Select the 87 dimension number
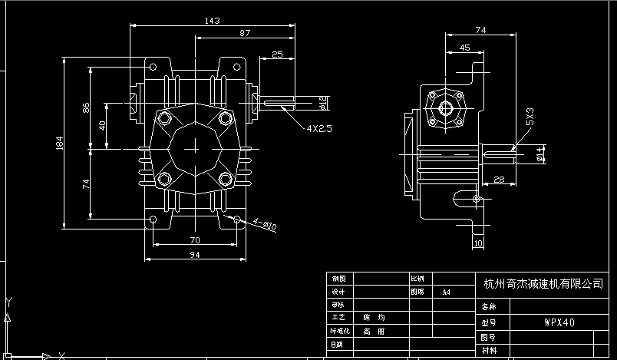point(245,33)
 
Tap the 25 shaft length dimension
point(277,54)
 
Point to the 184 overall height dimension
point(59,144)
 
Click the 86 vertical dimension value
point(86,108)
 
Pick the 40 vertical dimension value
point(101,124)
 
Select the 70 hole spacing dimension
point(195,239)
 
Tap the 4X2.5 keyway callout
point(318,129)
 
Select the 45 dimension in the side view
point(465,48)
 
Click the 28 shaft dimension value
point(498,179)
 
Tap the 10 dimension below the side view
point(478,244)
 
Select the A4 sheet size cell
point(446,292)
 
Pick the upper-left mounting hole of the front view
point(153,65)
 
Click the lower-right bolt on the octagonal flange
point(225,180)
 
